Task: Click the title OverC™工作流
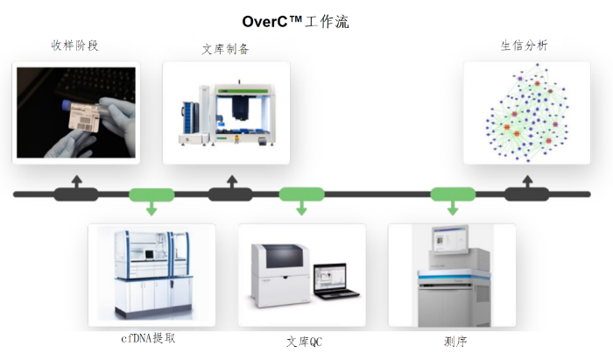(295, 20)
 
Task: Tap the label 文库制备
(225, 49)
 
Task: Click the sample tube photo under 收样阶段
(74, 112)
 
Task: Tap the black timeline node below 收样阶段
(76, 194)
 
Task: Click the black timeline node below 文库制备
(232, 194)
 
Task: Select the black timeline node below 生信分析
(526, 194)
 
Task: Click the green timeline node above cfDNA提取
(151, 194)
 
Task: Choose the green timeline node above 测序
(453, 194)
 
